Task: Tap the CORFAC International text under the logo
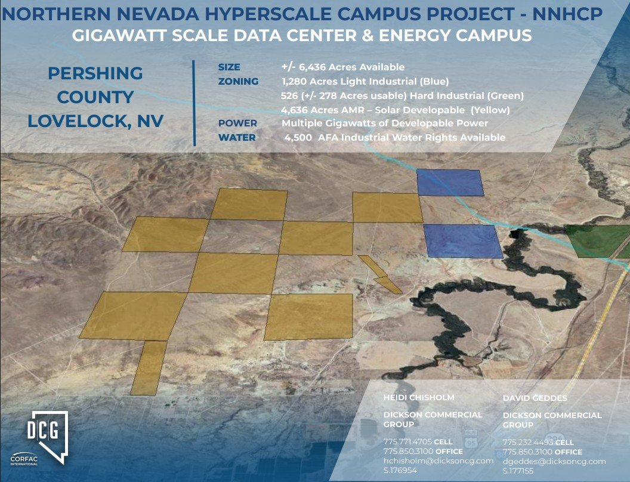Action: coord(24,461)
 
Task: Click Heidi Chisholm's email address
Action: coord(438,461)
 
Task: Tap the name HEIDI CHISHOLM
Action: coord(419,398)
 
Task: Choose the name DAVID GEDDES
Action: coord(535,398)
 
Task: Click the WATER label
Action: coord(237,137)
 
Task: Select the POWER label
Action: coord(237,123)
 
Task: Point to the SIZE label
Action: coord(229,67)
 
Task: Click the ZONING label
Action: coord(238,81)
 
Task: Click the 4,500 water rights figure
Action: coord(298,137)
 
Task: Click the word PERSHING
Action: coord(95,73)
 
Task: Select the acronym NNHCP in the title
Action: coord(567,14)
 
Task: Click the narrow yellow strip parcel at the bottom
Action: coord(149,368)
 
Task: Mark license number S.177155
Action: coord(518,471)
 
